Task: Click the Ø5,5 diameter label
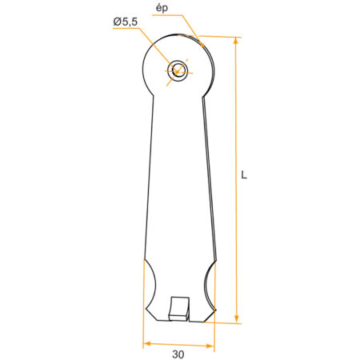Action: pyautogui.click(x=126, y=22)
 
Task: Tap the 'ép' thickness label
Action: pyautogui.click(x=162, y=8)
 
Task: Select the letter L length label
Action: pyautogui.click(x=244, y=175)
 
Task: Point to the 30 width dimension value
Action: pyautogui.click(x=178, y=354)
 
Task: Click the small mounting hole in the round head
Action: pyautogui.click(x=177, y=70)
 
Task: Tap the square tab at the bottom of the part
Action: pyautogui.click(x=179, y=309)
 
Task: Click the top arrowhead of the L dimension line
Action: pyautogui.click(x=236, y=41)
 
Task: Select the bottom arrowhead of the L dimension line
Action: pyautogui.click(x=236, y=319)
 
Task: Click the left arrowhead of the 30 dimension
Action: pyautogui.click(x=147, y=343)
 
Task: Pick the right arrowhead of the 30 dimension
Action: pyautogui.click(x=210, y=346)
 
